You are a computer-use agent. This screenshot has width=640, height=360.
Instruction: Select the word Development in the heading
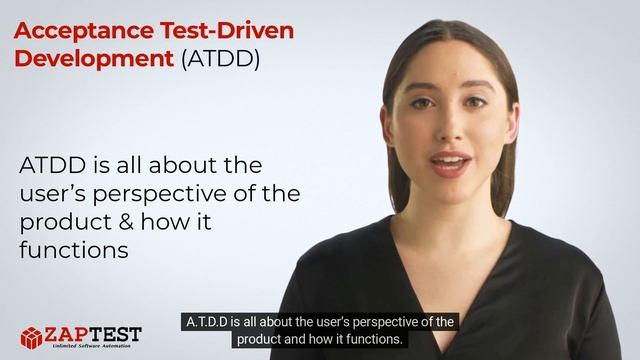click(x=92, y=59)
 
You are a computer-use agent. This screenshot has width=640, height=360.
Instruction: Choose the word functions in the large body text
click(x=74, y=250)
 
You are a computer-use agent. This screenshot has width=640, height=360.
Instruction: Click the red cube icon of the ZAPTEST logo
click(x=34, y=337)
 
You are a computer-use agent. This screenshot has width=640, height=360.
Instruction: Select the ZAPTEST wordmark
click(x=97, y=333)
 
